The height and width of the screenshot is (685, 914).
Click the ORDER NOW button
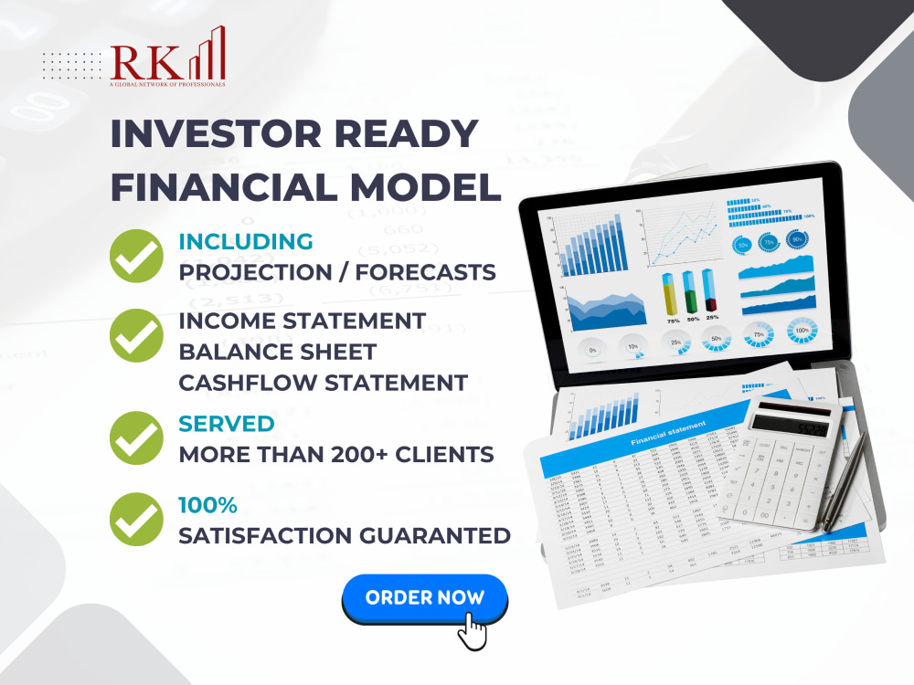pyautogui.click(x=424, y=598)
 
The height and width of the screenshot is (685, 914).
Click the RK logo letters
pyautogui.click(x=146, y=61)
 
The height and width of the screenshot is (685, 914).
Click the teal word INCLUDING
pyautogui.click(x=245, y=241)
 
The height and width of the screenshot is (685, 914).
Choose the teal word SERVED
pyautogui.click(x=226, y=424)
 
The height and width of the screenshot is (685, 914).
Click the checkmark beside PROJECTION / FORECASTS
pyautogui.click(x=136, y=257)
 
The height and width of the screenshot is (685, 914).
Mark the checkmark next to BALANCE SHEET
pyautogui.click(x=136, y=336)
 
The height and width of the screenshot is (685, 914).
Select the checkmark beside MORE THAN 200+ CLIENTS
pyautogui.click(x=136, y=439)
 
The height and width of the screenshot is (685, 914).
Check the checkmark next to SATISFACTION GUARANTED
pyautogui.click(x=136, y=520)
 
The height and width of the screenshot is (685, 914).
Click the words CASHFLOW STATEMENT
pyautogui.click(x=323, y=382)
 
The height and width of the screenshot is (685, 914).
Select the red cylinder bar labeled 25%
pyautogui.click(x=710, y=292)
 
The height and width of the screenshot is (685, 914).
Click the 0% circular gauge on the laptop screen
pyautogui.click(x=591, y=348)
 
